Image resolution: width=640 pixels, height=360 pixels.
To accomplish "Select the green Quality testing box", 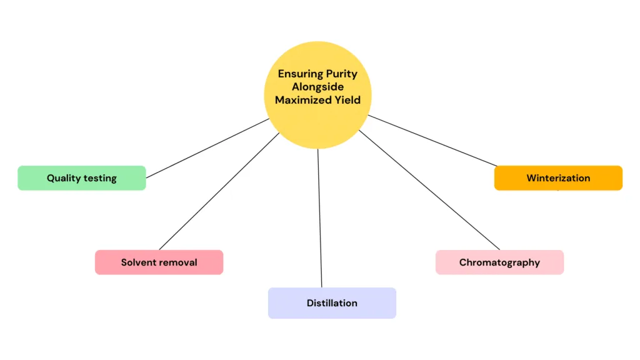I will click(81, 178).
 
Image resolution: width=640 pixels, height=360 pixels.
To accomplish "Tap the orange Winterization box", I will click(558, 178).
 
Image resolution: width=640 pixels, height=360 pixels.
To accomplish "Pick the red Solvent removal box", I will click(159, 262).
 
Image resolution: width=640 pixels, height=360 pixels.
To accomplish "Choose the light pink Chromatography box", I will click(499, 262).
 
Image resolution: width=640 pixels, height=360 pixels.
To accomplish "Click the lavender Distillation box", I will click(332, 303).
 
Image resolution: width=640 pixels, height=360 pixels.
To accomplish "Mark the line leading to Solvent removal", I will click(219, 191).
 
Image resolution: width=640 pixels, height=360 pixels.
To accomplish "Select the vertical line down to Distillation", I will click(320, 219).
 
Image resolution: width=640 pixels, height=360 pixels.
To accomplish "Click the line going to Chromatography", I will click(431, 191).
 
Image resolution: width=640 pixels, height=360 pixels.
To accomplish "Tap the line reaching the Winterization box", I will click(431, 141).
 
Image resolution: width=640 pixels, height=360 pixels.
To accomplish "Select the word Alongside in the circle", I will click(317, 87).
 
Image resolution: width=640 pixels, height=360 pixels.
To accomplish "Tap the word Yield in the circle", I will click(347, 100).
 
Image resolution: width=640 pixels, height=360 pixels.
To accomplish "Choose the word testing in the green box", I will click(101, 178).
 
